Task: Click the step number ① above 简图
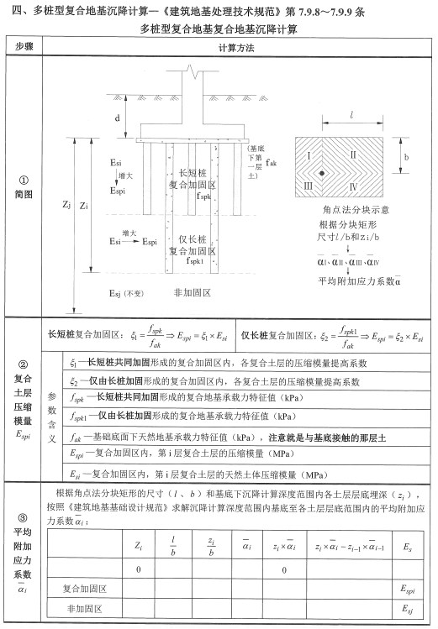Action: (24, 178)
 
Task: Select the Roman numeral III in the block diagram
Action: (311, 184)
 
